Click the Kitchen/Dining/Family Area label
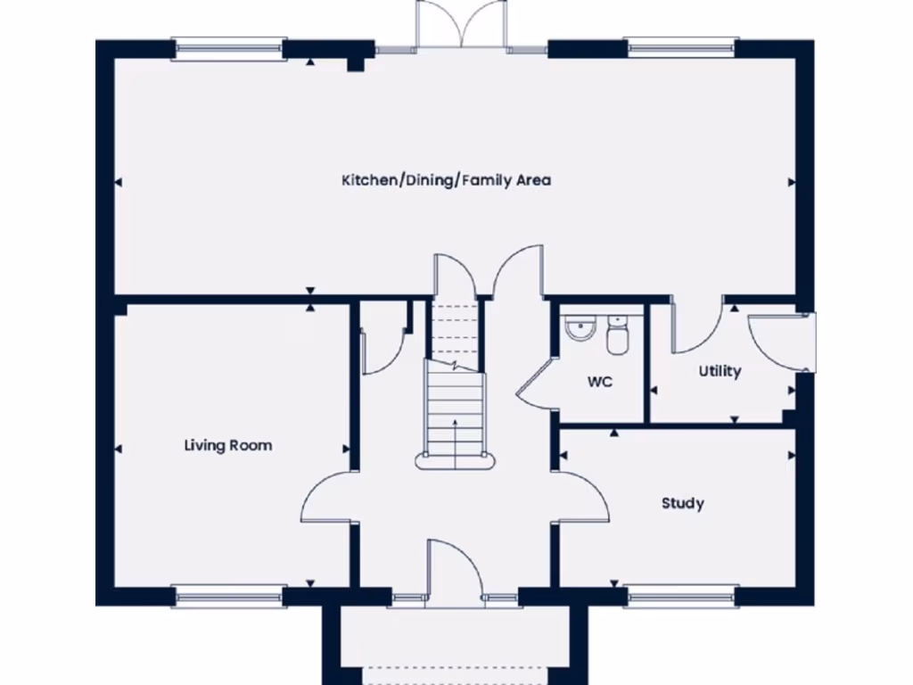tap(446, 180)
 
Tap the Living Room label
tap(228, 445)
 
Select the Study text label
tap(682, 503)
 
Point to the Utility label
tap(720, 371)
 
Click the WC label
tap(600, 383)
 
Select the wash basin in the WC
tap(580, 328)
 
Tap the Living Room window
tap(229, 597)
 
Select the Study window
tap(682, 597)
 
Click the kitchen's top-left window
tap(229, 48)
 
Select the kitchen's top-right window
tap(682, 48)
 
